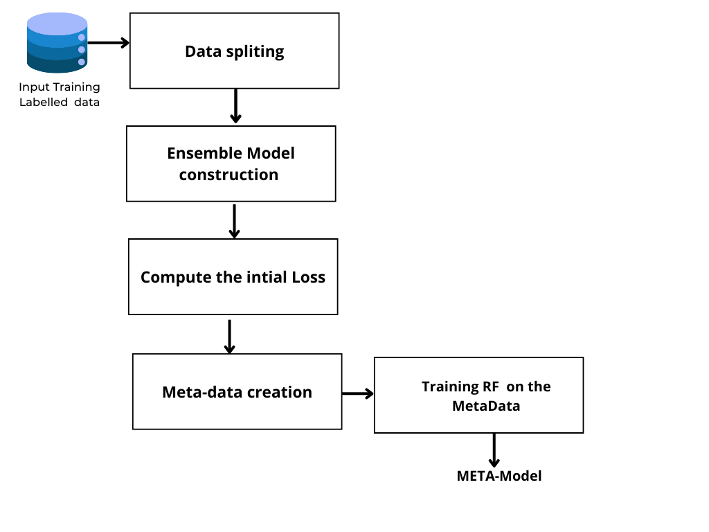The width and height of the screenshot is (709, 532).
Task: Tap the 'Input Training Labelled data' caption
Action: click(x=60, y=95)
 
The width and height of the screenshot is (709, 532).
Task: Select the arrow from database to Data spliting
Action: click(x=109, y=43)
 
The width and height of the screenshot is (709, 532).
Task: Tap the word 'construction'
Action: click(x=228, y=175)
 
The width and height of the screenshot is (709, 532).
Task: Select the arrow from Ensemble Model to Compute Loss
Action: click(x=234, y=220)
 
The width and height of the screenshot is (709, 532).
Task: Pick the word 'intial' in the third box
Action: click(x=267, y=277)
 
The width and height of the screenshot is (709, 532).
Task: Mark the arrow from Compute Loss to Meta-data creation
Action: click(x=230, y=336)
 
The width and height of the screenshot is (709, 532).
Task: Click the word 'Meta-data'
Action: click(x=196, y=392)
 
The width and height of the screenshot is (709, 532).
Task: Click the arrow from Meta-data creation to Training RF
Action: click(x=357, y=393)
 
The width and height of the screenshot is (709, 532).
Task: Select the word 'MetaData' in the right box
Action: click(x=485, y=406)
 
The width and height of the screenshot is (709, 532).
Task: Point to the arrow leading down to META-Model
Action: click(x=494, y=450)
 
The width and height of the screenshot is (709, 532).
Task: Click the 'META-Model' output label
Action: click(x=499, y=476)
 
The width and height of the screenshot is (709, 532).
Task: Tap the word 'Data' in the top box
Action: click(x=201, y=51)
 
